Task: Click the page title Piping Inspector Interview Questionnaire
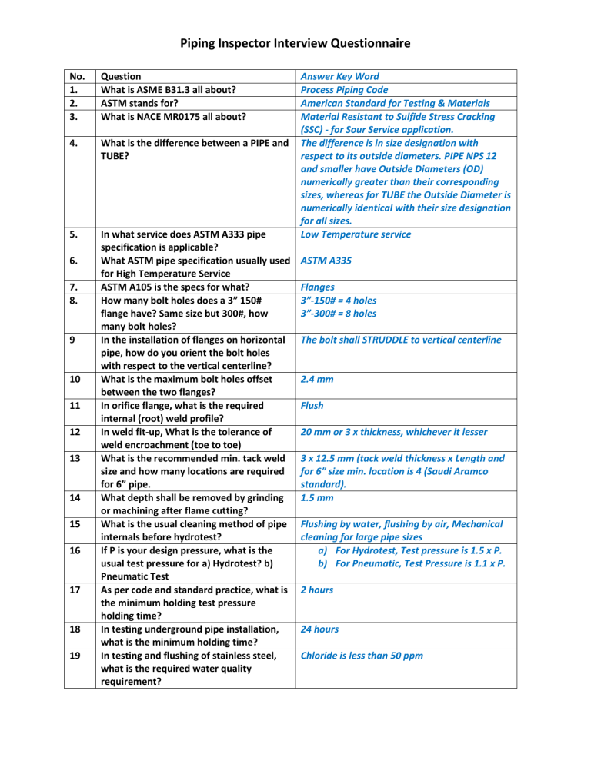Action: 295,43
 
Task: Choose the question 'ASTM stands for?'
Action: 147,102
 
